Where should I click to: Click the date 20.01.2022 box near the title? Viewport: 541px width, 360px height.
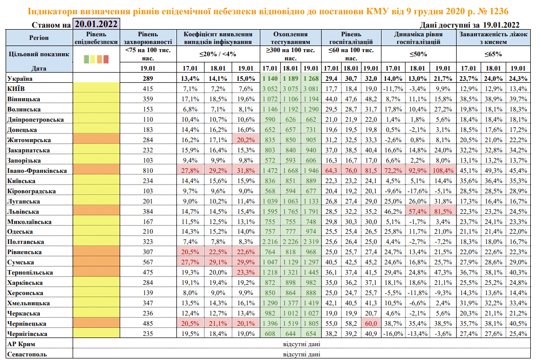click(96, 24)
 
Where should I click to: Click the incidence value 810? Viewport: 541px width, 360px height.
click(148, 170)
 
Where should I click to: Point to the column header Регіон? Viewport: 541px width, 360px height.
click(39, 38)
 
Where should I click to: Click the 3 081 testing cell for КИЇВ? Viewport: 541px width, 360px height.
click(310, 88)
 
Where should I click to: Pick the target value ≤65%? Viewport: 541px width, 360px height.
click(493, 54)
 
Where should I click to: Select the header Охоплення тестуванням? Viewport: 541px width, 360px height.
click(290, 38)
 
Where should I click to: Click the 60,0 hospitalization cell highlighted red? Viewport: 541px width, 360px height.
click(371, 324)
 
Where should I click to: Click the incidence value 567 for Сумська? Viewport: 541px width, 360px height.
click(148, 262)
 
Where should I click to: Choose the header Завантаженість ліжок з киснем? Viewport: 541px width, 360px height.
click(493, 38)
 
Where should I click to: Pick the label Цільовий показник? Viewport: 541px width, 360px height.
click(38, 53)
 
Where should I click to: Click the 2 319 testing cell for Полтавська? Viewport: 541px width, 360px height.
click(310, 242)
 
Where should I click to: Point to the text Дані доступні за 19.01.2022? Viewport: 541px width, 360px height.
click(469, 25)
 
